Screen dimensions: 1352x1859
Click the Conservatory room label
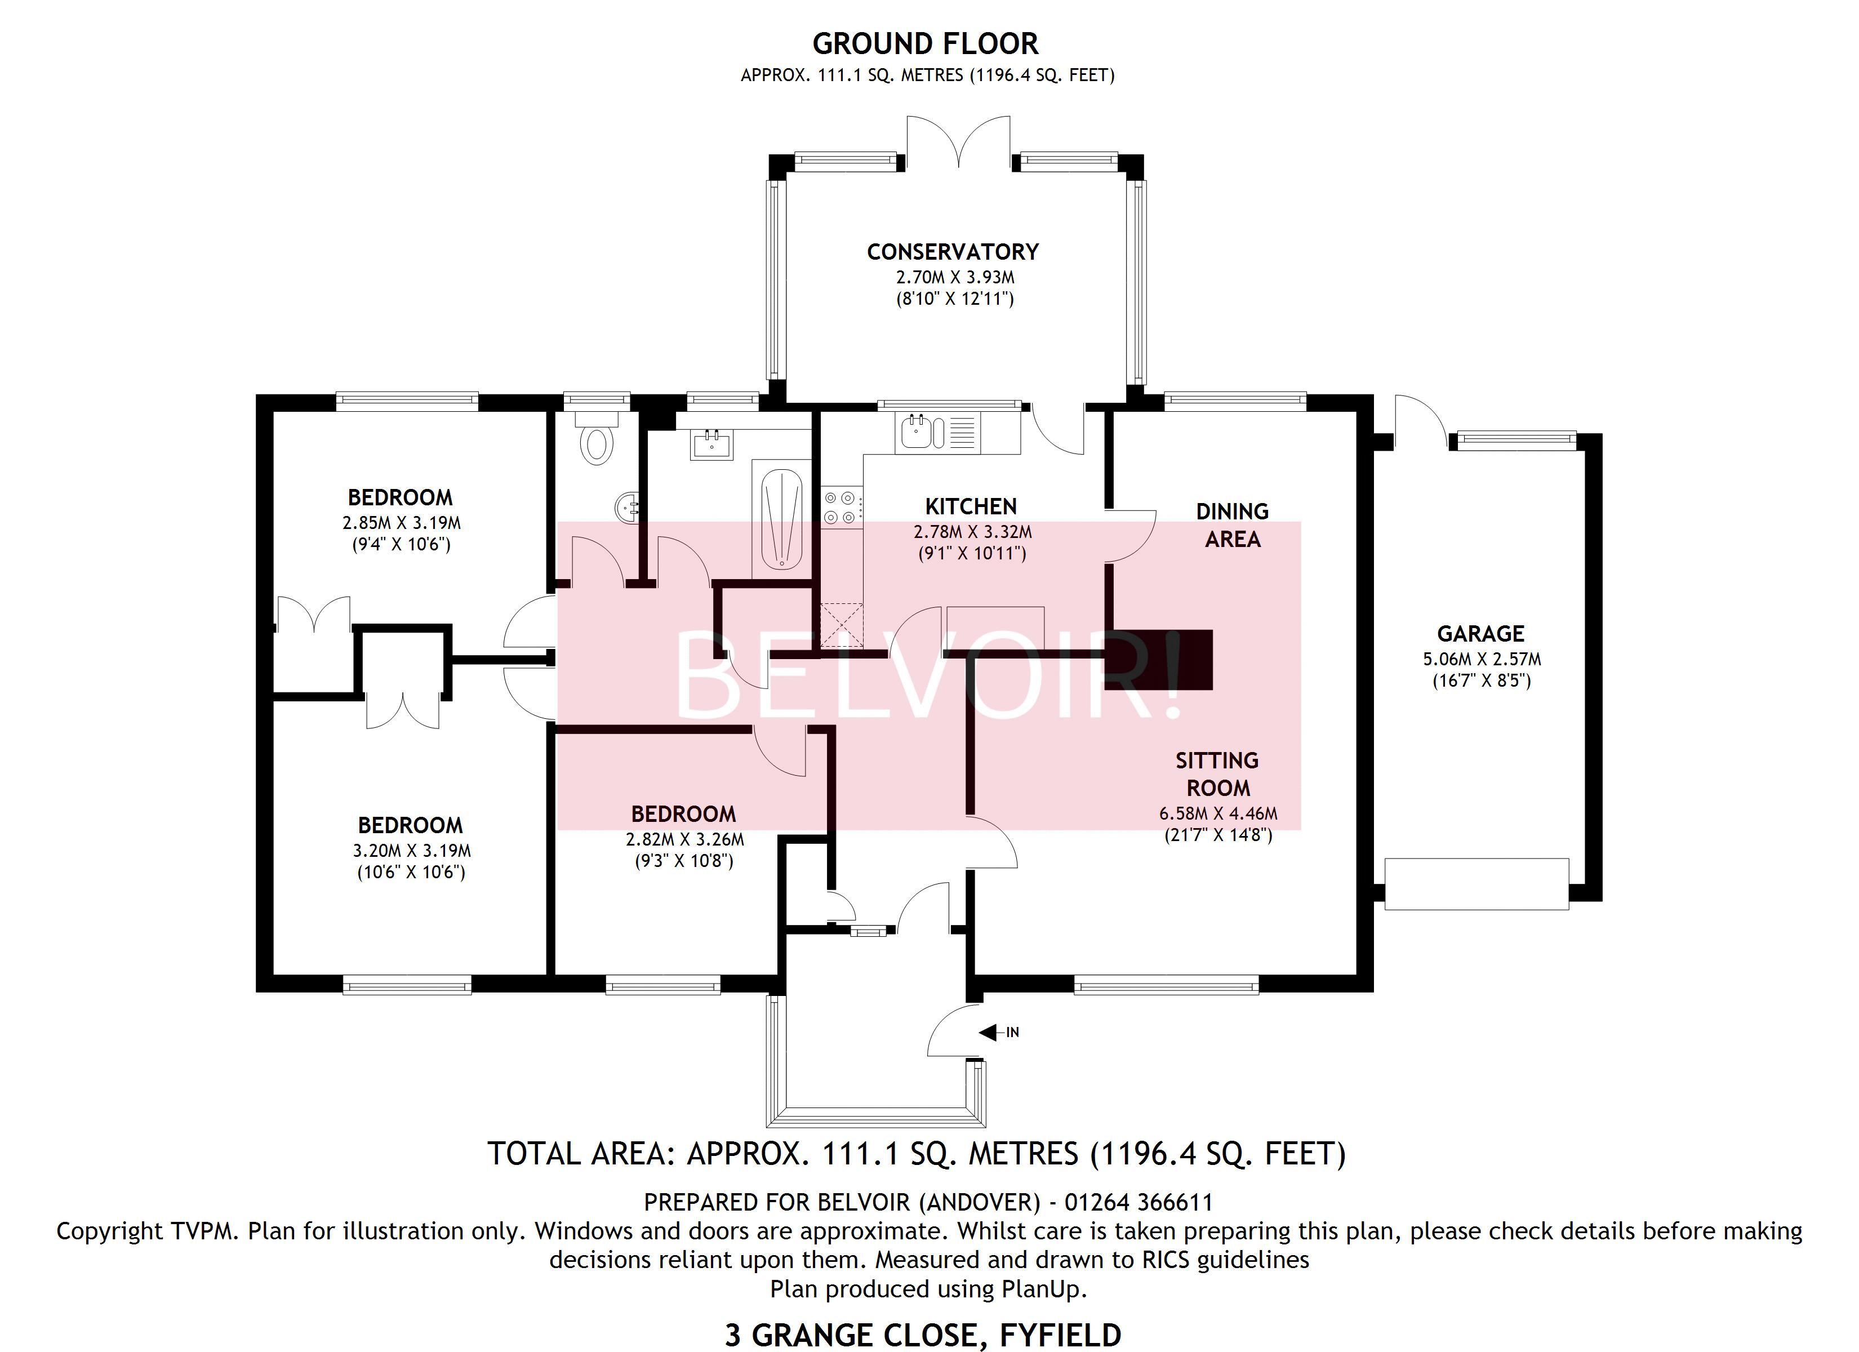point(953,252)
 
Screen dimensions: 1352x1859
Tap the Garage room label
point(1480,634)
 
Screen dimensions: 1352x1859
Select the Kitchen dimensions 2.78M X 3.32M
point(973,532)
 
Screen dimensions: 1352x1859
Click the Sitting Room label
point(1217,774)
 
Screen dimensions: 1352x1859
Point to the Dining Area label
point(1232,524)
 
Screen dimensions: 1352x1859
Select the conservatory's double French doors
point(958,144)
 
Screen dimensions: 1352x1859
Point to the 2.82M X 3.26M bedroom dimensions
point(684,839)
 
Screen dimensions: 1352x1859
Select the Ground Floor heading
point(926,43)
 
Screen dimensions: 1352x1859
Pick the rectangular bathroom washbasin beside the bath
point(711,445)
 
